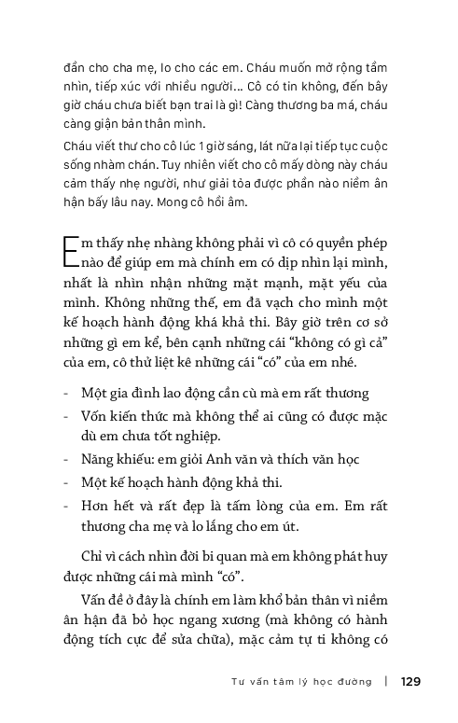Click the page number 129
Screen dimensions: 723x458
click(410, 681)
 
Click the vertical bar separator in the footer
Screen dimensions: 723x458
click(385, 681)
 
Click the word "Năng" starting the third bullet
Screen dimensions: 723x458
click(102, 459)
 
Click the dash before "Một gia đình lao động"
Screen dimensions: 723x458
click(66, 394)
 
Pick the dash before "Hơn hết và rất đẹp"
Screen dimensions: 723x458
click(66, 505)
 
